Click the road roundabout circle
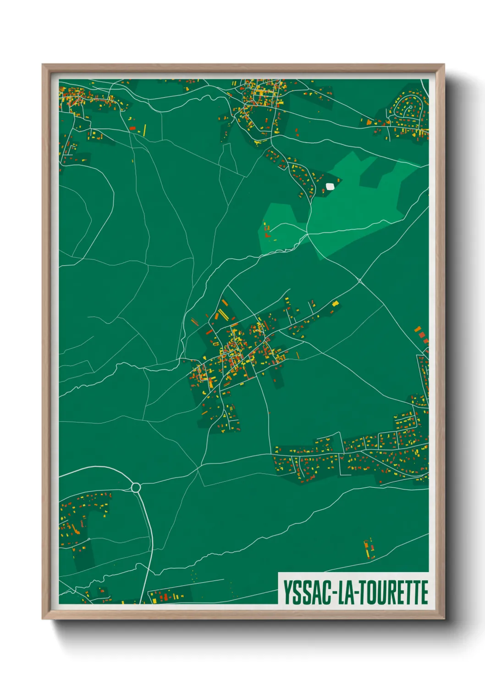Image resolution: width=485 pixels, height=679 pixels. click(x=136, y=487)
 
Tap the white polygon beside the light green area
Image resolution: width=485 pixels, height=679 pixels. click(x=330, y=186)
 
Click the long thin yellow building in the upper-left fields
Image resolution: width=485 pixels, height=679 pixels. click(x=145, y=129)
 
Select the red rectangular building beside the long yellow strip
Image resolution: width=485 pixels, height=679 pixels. click(x=132, y=128)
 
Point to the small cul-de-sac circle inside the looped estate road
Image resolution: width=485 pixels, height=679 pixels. click(x=410, y=107)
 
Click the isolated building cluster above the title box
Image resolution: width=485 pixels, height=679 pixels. click(x=369, y=548)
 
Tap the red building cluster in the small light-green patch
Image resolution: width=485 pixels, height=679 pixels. click(x=267, y=232)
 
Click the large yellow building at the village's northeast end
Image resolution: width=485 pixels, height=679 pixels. click(x=335, y=303)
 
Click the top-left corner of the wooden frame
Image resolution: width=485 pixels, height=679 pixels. click(x=43, y=65)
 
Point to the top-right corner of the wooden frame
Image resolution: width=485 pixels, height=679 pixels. click(x=444, y=65)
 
